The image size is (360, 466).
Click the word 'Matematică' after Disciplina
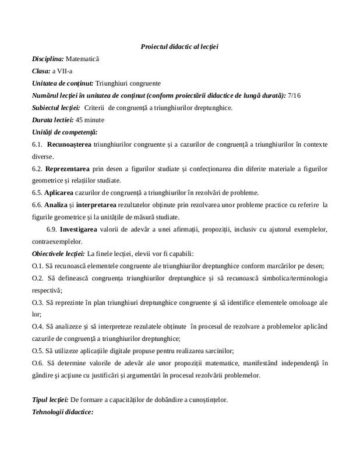click(83, 59)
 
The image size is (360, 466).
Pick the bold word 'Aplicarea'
click(62, 193)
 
